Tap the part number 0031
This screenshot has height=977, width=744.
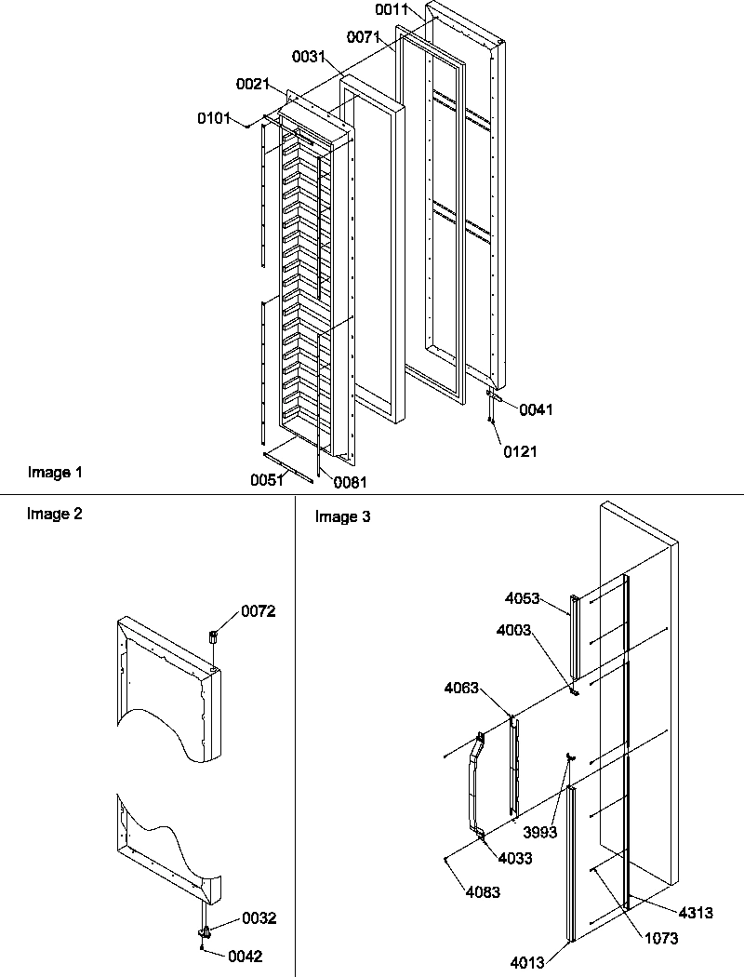[308, 57]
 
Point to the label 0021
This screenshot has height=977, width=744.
[252, 85]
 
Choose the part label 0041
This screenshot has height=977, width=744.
[536, 409]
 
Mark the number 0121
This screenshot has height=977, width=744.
[520, 452]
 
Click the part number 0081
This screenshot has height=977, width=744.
[350, 482]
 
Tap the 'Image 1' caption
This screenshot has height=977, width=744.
[55, 473]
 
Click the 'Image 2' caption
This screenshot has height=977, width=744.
[55, 513]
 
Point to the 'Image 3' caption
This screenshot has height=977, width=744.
[342, 517]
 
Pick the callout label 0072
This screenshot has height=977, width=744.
[259, 611]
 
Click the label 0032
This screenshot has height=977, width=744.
[259, 917]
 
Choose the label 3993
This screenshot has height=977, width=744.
[540, 833]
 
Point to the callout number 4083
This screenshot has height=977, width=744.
[484, 892]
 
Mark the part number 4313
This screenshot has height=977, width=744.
[696, 914]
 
